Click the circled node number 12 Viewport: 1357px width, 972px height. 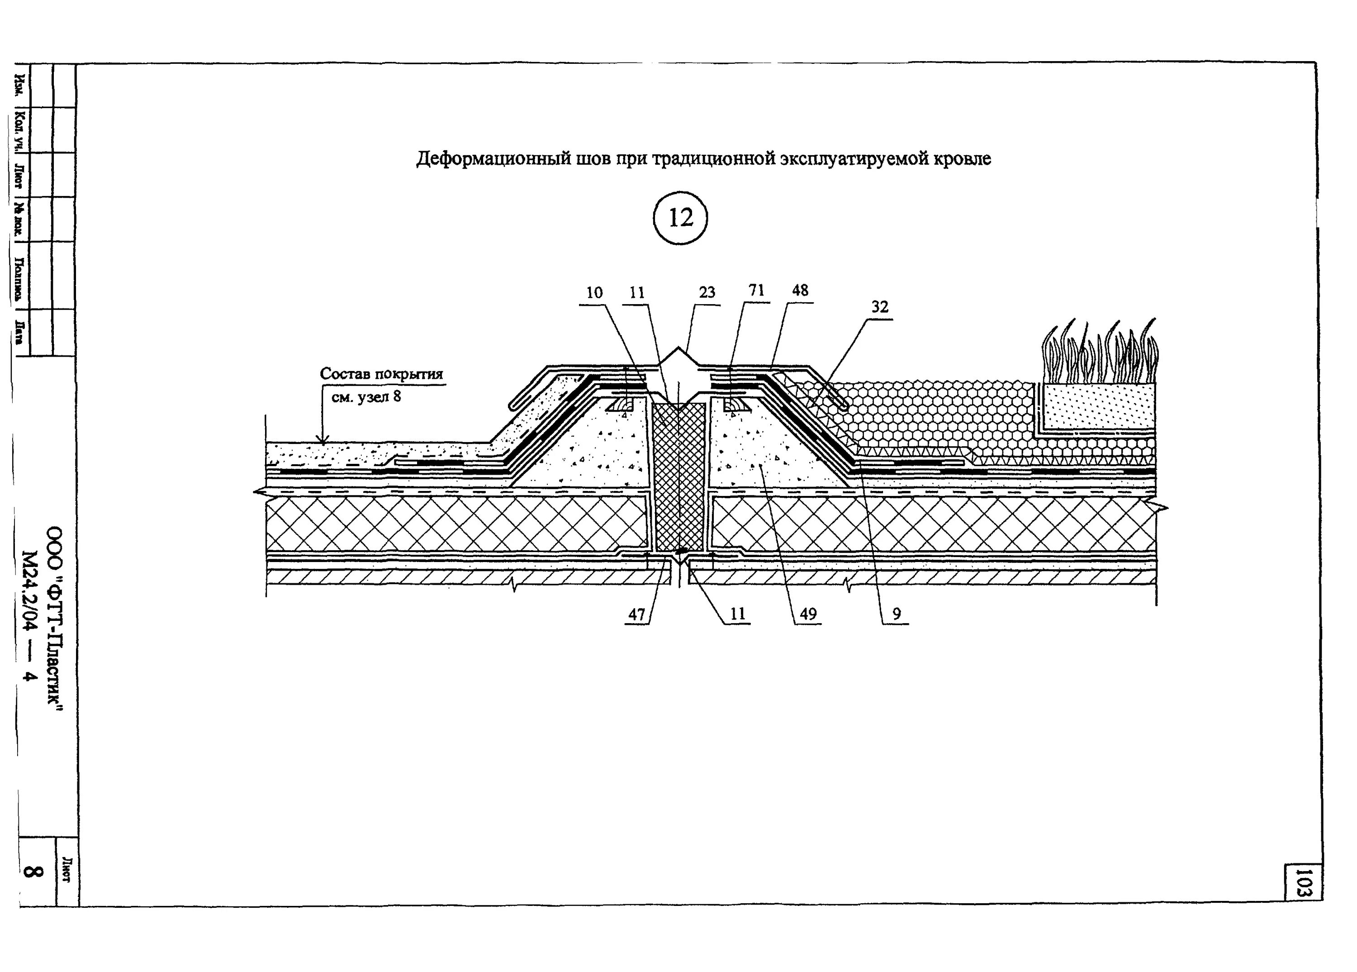(680, 218)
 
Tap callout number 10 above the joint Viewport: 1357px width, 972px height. (594, 293)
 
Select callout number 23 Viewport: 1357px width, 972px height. (707, 293)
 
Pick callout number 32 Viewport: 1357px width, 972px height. (879, 307)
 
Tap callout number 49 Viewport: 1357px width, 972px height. (808, 614)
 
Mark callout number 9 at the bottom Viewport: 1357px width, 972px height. (896, 614)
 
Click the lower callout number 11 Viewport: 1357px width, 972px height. (738, 614)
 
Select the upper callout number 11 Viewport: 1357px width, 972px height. (637, 293)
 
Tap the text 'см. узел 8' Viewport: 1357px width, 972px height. (366, 397)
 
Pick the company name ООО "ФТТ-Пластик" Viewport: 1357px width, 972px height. (56, 619)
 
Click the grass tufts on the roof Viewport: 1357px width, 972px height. (1100, 353)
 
